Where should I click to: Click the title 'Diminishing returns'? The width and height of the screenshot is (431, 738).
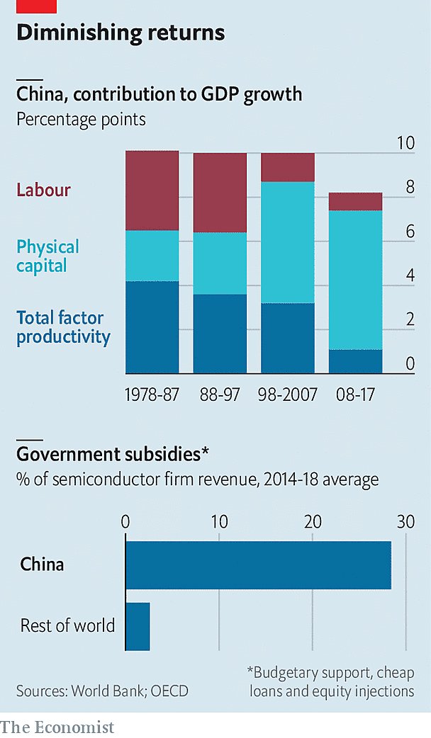pyautogui.click(x=121, y=33)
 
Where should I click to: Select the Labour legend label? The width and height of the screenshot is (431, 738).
pyautogui.click(x=43, y=190)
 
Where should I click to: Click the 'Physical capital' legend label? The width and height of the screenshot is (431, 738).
pyautogui.click(x=47, y=256)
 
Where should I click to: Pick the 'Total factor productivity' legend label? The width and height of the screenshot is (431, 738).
pyautogui.click(x=63, y=327)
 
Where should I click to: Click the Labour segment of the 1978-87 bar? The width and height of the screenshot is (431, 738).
pyautogui.click(x=152, y=191)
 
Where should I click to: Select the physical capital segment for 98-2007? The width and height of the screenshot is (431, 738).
pyautogui.click(x=288, y=242)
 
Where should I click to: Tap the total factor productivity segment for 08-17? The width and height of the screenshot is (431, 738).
pyautogui.click(x=355, y=361)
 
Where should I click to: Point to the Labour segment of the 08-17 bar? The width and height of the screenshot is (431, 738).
pyautogui.click(x=355, y=202)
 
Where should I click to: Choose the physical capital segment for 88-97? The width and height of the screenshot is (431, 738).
pyautogui.click(x=220, y=263)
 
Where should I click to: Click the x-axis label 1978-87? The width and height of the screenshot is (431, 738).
pyautogui.click(x=152, y=394)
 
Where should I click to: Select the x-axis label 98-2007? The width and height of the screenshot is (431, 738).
pyautogui.click(x=289, y=394)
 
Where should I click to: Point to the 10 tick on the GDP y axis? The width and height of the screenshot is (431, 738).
pyautogui.click(x=405, y=143)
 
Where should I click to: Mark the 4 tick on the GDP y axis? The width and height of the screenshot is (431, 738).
pyautogui.click(x=410, y=276)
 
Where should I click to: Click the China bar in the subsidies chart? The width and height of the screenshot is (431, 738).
pyautogui.click(x=258, y=565)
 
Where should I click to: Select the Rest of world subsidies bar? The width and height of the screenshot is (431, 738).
pyautogui.click(x=138, y=626)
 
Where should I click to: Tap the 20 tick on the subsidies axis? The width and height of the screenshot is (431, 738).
pyautogui.click(x=313, y=522)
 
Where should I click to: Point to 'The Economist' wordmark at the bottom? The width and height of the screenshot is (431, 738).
pyautogui.click(x=57, y=726)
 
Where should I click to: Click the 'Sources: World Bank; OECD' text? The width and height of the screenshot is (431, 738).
pyautogui.click(x=103, y=689)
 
